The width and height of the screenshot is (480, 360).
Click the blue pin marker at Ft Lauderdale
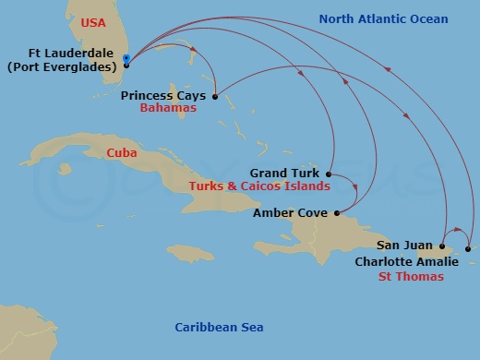pos(126,60)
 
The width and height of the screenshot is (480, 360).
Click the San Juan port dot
pos(443,246)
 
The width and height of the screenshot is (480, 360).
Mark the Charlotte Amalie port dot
pos(468,249)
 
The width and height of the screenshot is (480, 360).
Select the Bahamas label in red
pos(169,108)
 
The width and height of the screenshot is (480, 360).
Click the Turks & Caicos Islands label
pos(259,186)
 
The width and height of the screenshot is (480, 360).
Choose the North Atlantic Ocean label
pos(383,19)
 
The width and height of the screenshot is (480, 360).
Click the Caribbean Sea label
pos(220,328)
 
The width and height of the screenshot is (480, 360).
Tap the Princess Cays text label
pos(164,94)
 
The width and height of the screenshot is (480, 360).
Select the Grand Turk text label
pos(284,173)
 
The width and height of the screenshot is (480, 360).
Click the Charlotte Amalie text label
pos(406,261)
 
